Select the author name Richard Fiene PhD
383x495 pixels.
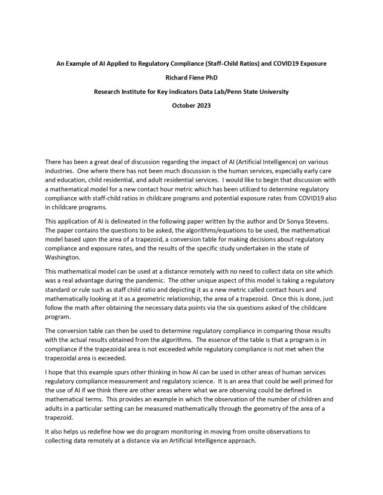click(191, 77)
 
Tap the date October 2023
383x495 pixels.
click(191, 106)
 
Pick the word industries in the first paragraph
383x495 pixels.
click(60, 172)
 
